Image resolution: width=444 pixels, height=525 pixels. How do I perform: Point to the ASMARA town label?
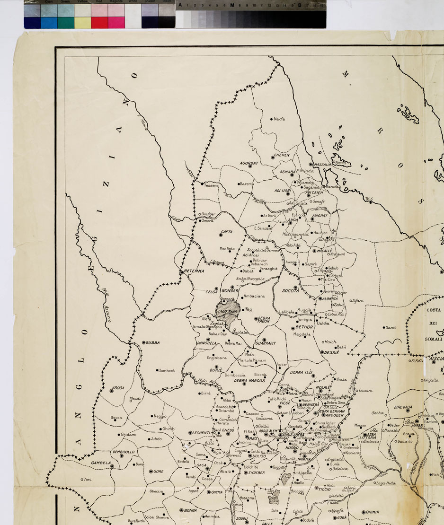click(x=287, y=172)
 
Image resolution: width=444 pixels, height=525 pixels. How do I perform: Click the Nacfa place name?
click(x=279, y=119)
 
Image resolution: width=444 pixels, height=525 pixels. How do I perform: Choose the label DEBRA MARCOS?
click(x=249, y=380)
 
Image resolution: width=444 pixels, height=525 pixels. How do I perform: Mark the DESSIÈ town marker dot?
click(x=322, y=352)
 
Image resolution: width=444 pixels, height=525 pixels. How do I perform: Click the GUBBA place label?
click(x=152, y=342)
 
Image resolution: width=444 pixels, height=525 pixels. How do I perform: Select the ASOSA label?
click(x=118, y=388)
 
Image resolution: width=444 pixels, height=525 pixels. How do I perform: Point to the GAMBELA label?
click(x=101, y=463)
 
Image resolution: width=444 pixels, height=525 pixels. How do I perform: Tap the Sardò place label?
click(x=391, y=327)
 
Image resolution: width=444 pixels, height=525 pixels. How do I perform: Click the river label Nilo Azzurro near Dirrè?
click(x=210, y=384)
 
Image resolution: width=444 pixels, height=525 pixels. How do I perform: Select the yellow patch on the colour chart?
click(x=82, y=22)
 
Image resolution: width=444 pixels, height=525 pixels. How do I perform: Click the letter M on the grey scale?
click(x=232, y=5)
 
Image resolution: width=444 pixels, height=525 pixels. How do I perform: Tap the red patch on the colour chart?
click(x=99, y=22)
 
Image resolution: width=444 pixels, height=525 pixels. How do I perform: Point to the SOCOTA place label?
click(x=290, y=291)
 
